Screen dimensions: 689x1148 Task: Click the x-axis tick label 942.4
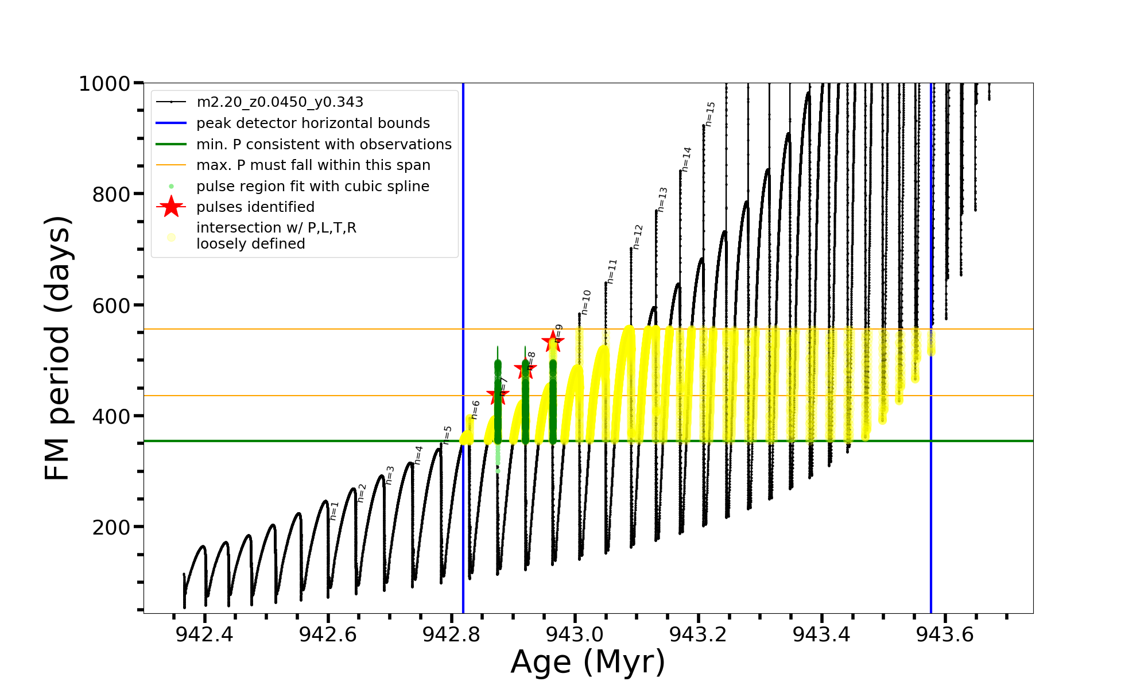tap(204, 634)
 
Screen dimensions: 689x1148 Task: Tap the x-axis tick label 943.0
tap(575, 634)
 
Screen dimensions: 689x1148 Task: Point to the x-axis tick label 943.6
tap(945, 634)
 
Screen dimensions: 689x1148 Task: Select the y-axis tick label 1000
tap(104, 84)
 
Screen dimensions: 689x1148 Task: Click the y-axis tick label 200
tap(111, 527)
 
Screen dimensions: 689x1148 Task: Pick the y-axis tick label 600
tap(111, 305)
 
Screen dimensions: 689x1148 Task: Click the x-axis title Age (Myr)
tap(588, 662)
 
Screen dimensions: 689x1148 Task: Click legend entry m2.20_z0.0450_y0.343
tap(280, 102)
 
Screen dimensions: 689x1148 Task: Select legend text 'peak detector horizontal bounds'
tap(313, 123)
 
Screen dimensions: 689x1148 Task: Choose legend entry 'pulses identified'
tap(255, 207)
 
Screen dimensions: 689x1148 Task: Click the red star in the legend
tap(171, 207)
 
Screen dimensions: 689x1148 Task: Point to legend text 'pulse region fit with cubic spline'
tap(313, 187)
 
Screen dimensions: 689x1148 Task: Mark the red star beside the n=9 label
tap(553, 341)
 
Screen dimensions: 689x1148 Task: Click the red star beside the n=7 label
tap(497, 395)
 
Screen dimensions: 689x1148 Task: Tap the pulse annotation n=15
tap(710, 114)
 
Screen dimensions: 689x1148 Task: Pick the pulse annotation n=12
tap(638, 237)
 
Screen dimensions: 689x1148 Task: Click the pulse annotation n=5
tap(447, 435)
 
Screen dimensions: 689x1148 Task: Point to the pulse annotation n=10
tap(585, 302)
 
